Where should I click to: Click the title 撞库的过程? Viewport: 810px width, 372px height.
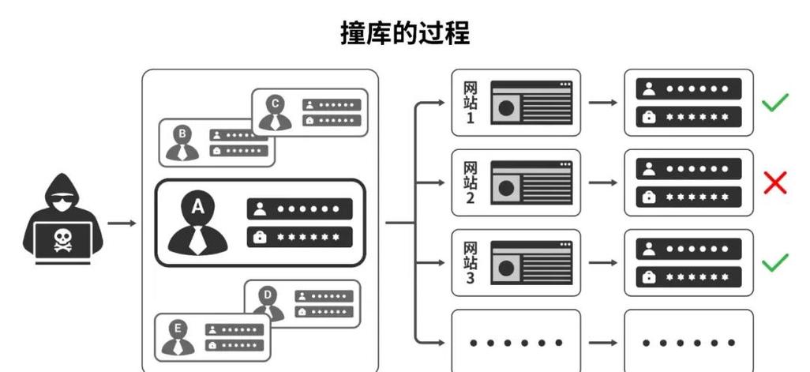pos(405,33)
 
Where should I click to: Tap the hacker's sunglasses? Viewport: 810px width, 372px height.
pos(62,199)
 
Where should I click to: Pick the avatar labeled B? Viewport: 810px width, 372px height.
pos(182,143)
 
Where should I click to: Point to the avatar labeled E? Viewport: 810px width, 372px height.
pos(178,336)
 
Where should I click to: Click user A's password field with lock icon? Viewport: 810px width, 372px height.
pos(299,236)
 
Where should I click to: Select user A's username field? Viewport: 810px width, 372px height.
pos(299,209)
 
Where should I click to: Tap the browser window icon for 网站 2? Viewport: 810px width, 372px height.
pos(531,183)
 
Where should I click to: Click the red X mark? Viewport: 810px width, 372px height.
pos(775,183)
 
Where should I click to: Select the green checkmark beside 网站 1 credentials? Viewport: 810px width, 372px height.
pos(775,103)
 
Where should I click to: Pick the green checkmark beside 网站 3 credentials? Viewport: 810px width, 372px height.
pos(775,263)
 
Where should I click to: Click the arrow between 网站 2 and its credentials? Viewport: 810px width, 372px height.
pos(602,183)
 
